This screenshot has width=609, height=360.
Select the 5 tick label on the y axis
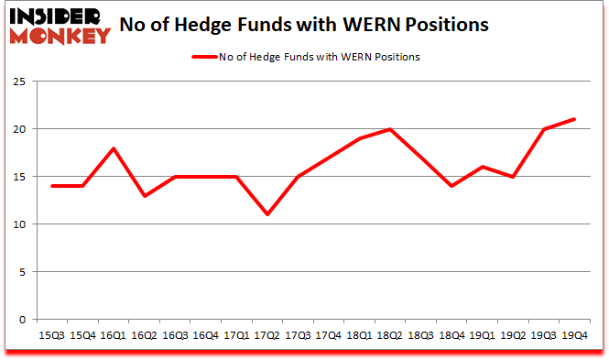[x=27, y=272]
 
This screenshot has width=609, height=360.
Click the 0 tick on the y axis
[x=27, y=320]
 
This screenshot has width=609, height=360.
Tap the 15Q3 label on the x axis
[x=53, y=335]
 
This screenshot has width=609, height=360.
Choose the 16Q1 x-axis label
[x=113, y=335]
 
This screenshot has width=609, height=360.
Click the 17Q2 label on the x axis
[x=266, y=335]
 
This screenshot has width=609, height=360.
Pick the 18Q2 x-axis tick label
[x=389, y=335]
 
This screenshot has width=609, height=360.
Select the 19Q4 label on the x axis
[x=573, y=335]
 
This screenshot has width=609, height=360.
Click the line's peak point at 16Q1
[x=113, y=148]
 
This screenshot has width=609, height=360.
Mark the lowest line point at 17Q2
[x=266, y=214]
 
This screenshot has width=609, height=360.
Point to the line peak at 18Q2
[x=389, y=129]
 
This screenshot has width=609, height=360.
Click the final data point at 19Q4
[x=573, y=119]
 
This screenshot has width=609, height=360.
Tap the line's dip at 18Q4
[x=451, y=186]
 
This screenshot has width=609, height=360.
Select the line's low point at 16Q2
[x=144, y=196]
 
